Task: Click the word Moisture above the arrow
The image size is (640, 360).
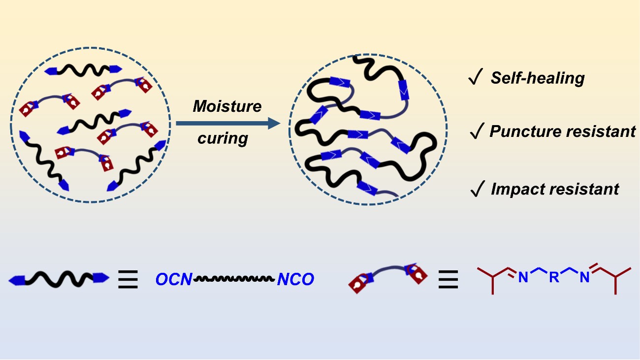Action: point(227,106)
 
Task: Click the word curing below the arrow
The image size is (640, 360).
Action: point(223,138)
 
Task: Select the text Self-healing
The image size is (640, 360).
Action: point(537,78)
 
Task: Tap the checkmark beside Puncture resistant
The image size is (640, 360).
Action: point(476,131)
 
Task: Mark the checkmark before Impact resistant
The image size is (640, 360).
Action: point(476,189)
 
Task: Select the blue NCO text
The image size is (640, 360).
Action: point(295,280)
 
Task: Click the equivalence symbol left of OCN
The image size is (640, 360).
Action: point(128,280)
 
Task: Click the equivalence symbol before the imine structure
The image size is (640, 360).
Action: point(448,280)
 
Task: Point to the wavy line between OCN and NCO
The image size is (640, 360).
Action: point(234,279)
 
